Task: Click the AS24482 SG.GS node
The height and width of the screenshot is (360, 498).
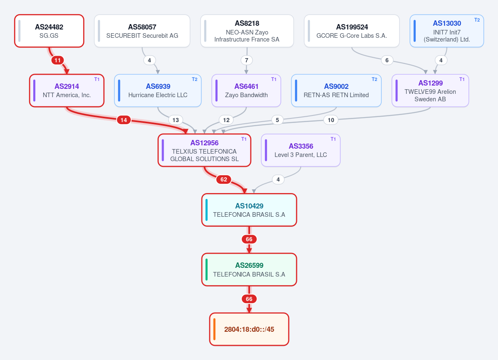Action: coord(49,31)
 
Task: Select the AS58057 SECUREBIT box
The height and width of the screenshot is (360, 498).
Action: coord(142,31)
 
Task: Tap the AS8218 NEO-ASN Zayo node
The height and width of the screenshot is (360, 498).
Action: coord(247,31)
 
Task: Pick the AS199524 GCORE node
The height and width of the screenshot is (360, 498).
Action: coord(351,31)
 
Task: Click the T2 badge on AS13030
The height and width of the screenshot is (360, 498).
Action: coord(477,20)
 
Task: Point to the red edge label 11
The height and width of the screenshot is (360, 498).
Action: coord(57,60)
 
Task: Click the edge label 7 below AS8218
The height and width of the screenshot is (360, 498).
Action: coord(246,60)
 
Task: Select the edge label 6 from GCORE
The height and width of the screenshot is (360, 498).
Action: coord(387,60)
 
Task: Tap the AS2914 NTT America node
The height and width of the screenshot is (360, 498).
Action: coord(67,91)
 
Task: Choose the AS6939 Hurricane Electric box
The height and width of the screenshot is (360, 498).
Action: coord(158,91)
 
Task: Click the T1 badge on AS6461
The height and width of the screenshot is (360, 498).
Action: coord(274,79)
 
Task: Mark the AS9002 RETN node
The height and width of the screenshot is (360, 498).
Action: coord(336,91)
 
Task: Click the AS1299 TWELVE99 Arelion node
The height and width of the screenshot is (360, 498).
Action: coord(430,91)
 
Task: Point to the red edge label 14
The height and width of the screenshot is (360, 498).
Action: coord(123,120)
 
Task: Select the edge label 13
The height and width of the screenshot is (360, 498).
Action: coord(176,120)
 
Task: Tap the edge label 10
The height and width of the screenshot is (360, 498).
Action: coord(331,120)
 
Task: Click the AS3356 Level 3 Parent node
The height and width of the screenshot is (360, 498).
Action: coord(301,150)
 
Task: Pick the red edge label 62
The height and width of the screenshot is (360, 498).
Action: coord(223,180)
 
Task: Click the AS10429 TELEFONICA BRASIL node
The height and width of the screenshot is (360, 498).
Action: coord(249,210)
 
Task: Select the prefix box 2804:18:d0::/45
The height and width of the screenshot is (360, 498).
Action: coord(249,329)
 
